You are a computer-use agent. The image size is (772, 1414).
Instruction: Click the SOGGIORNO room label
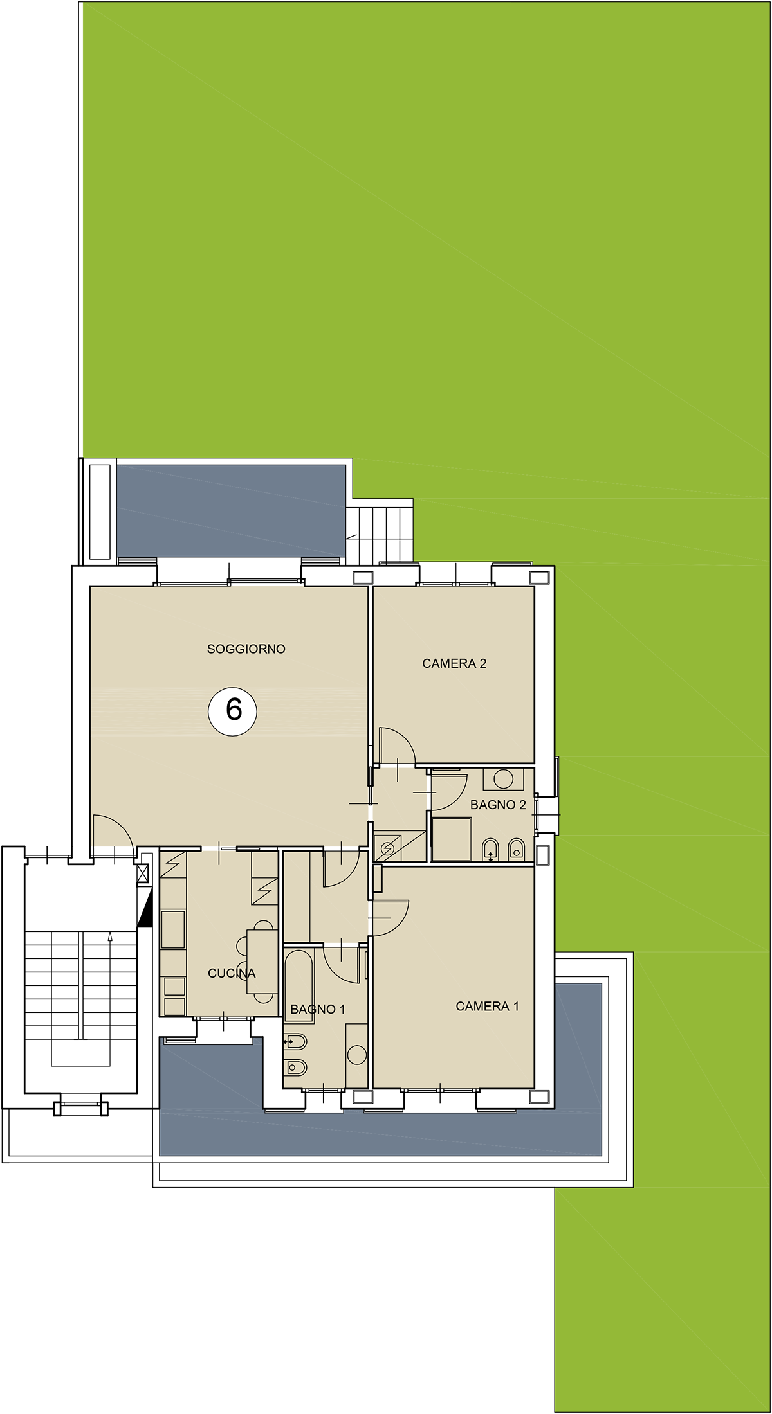246,649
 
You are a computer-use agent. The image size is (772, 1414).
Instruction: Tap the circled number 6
232,711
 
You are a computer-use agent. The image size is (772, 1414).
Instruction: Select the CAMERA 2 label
454,663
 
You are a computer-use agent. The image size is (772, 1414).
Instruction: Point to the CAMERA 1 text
487,1006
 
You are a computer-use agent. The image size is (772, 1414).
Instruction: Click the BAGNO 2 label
498,805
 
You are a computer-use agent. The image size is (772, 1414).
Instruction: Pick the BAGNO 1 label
318,1009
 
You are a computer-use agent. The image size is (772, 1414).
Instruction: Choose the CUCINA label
232,973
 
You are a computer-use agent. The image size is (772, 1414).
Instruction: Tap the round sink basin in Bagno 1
356,1055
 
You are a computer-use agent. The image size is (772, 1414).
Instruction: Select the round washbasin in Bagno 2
503,779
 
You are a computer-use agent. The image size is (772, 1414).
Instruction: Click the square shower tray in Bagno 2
452,839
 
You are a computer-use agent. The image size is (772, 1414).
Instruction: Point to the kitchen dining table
262,962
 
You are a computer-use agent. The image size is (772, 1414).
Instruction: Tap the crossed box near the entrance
143,873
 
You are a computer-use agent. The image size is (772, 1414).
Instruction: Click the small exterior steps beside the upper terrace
379,533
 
